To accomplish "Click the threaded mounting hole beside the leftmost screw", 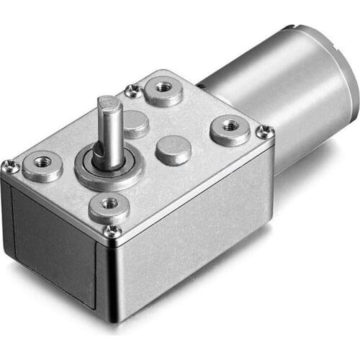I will click(42, 163).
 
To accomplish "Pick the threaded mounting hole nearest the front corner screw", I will click(109, 204).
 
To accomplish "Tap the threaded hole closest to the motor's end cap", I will click(230, 127).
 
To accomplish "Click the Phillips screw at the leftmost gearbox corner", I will click(11, 167).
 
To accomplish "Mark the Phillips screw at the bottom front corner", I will click(112, 230).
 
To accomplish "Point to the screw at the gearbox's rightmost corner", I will click(265, 132).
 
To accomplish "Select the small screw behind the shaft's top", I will click(133, 91).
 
